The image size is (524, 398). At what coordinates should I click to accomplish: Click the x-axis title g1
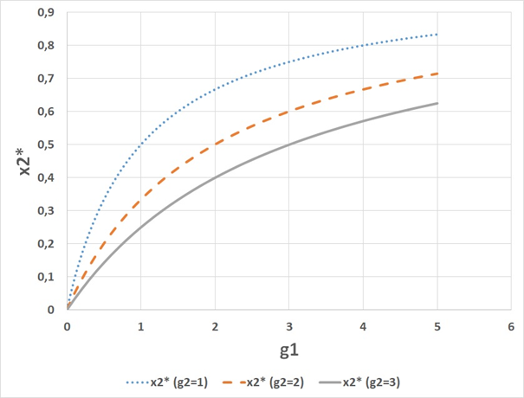(x=288, y=352)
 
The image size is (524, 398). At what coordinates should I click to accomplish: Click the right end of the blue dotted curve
(x=437, y=35)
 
